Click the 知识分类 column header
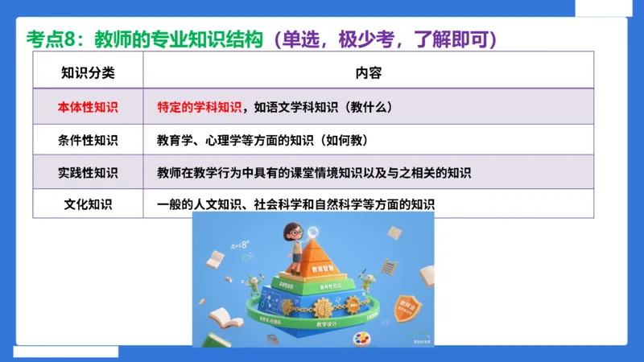click(x=88, y=72)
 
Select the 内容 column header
click(x=368, y=72)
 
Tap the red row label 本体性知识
click(x=88, y=106)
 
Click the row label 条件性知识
click(x=88, y=140)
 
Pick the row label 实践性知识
click(x=88, y=172)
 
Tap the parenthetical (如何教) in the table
click(x=344, y=140)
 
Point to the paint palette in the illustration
click(x=354, y=338)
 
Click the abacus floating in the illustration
click(x=389, y=265)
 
